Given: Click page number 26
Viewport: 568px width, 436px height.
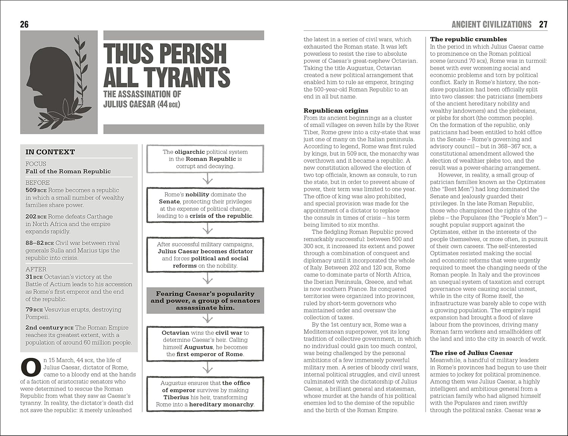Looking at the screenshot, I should click(24, 25).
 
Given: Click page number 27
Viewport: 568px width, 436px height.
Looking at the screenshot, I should click(543, 25).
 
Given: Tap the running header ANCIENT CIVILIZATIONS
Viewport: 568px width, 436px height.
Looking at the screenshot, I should click(491, 25).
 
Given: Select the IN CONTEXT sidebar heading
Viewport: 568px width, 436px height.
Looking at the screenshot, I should click(50, 152).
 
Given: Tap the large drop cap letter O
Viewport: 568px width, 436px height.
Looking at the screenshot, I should click(30, 367).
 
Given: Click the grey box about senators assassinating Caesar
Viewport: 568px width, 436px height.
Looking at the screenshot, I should click(205, 301).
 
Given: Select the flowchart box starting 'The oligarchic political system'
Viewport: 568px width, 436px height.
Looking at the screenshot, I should click(205, 159).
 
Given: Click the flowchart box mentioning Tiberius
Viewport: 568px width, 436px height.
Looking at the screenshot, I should click(205, 394).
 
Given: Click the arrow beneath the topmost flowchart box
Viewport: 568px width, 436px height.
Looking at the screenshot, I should click(207, 179).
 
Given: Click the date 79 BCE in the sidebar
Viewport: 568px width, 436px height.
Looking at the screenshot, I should click(34, 310).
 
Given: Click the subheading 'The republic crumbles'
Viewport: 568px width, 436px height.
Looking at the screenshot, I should click(468, 39).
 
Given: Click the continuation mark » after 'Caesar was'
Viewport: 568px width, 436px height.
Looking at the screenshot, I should click(539, 410).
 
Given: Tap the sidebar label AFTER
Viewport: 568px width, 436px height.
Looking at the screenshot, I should click(36, 269).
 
